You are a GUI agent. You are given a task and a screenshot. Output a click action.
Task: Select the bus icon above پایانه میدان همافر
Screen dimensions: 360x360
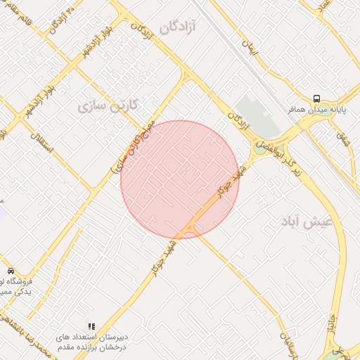(317, 99)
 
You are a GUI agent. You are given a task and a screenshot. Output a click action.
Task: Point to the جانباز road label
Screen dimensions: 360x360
(330, 324)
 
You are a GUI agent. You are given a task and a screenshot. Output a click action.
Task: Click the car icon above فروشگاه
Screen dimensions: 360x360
(11, 271)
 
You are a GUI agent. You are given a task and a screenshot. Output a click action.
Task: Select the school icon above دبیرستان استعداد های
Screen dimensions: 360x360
(91, 326)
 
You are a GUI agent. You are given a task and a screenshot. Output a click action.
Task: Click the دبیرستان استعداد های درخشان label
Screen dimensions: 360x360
(91, 342)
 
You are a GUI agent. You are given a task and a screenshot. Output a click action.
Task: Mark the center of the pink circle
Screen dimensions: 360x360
(180, 179)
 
